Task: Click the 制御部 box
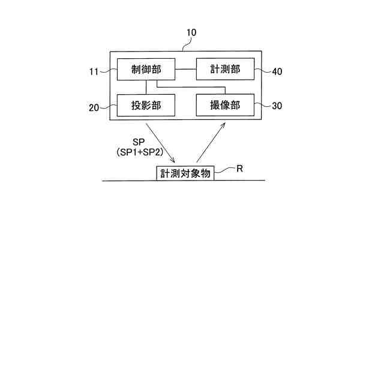coord(146,70)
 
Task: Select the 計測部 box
coord(225,70)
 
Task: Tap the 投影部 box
coord(146,106)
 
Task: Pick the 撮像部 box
coord(225,106)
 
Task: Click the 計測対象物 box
coord(185,173)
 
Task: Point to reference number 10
coord(191,33)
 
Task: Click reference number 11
coord(94,72)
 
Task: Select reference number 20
coord(94,108)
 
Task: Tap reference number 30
coord(277,106)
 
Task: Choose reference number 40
coord(277,71)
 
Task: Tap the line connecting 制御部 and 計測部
coord(186,70)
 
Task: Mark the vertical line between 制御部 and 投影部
coord(146,87)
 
